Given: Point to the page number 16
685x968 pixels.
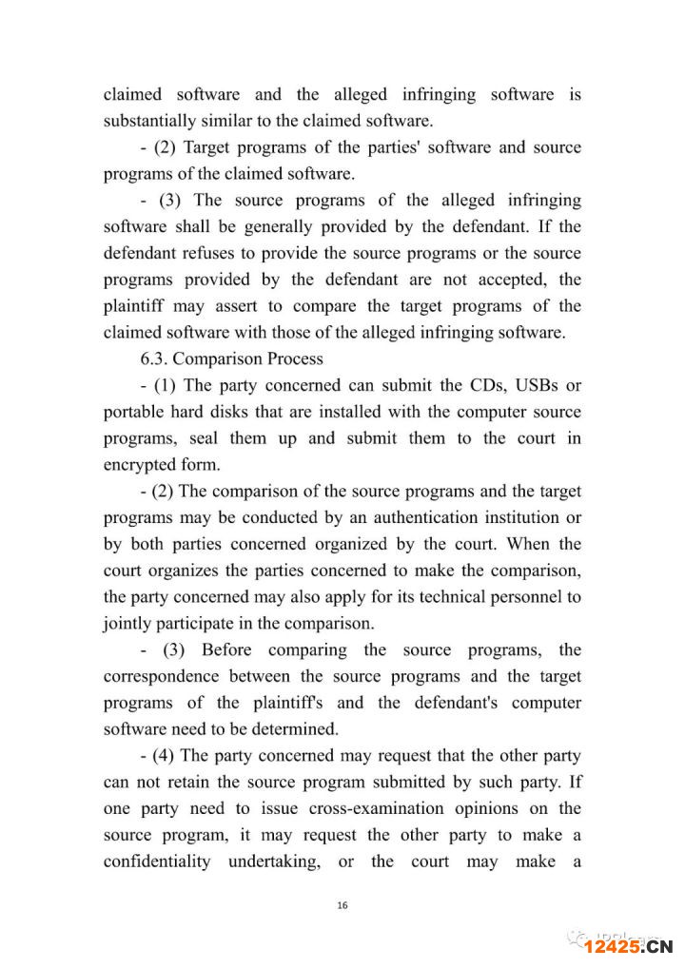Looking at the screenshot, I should [342, 905].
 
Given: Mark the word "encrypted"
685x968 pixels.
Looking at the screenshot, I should [142, 465].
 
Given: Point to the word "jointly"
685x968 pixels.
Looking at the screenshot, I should [127, 624].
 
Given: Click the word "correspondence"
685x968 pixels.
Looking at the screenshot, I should [163, 676].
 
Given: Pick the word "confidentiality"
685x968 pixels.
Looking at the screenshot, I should [159, 862].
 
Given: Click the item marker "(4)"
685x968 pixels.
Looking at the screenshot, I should [163, 756].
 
